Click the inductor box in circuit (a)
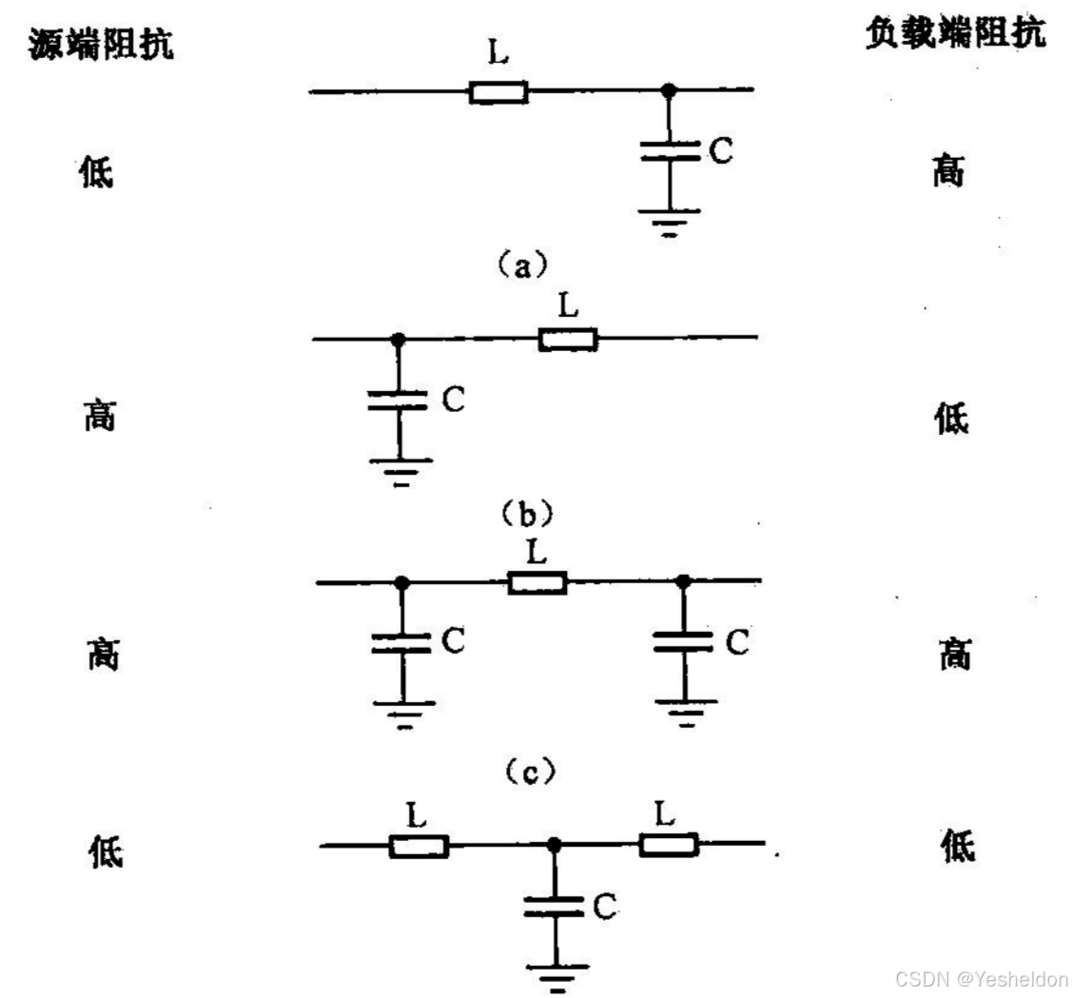(x=497, y=91)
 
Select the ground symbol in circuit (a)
(x=669, y=222)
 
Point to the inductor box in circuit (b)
(x=568, y=339)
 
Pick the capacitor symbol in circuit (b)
(x=399, y=401)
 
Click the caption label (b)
(x=523, y=515)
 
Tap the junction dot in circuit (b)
(x=399, y=339)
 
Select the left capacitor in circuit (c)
(x=401, y=643)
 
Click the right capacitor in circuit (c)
(x=683, y=643)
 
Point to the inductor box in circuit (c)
(x=537, y=582)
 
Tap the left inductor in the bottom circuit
(x=419, y=846)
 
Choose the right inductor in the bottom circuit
(x=669, y=844)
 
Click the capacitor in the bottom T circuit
(x=553, y=907)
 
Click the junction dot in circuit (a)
(x=669, y=90)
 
